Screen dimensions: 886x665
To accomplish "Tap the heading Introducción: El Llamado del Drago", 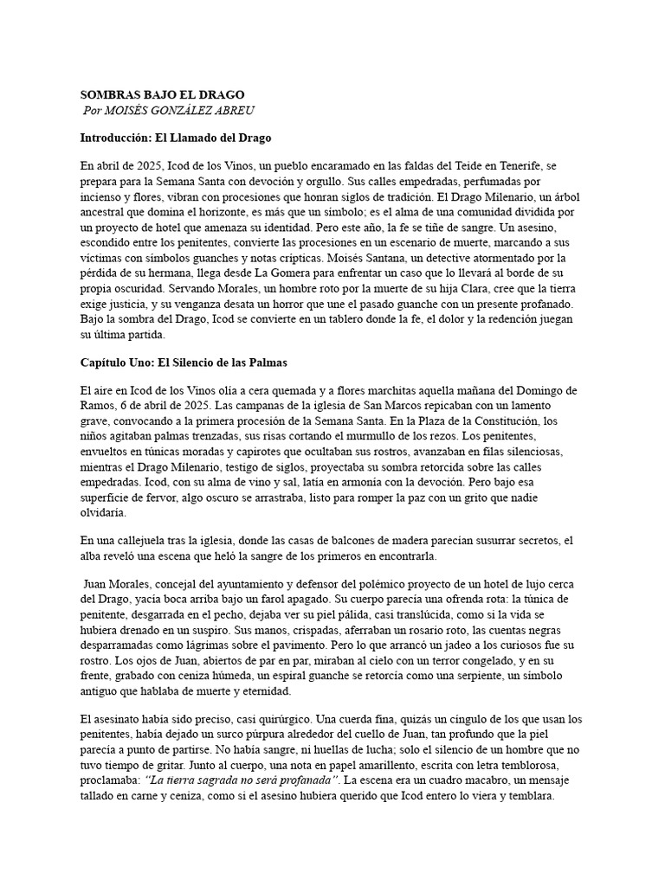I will (x=176, y=138).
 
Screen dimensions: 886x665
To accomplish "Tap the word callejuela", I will (x=142, y=541).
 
